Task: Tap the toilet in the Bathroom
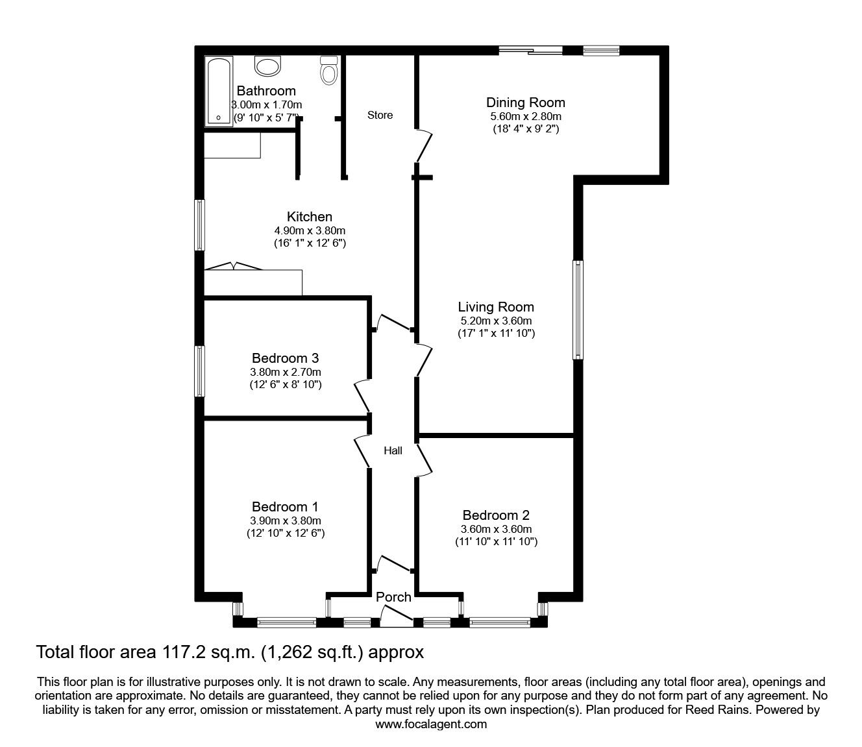pyautogui.click(x=329, y=70)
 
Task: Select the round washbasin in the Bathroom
pyautogui.click(x=267, y=66)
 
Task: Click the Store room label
pyautogui.click(x=380, y=115)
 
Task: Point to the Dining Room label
pyautogui.click(x=525, y=103)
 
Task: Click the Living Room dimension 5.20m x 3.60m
pyautogui.click(x=496, y=321)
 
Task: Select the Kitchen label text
pyautogui.click(x=310, y=217)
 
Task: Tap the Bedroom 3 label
pyautogui.click(x=285, y=358)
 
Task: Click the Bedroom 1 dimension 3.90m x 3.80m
pyautogui.click(x=285, y=520)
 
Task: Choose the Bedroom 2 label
pyautogui.click(x=495, y=515)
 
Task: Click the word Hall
pyautogui.click(x=393, y=450)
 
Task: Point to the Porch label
pyautogui.click(x=393, y=597)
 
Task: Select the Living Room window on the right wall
pyautogui.click(x=577, y=310)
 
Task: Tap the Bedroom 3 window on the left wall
pyautogui.click(x=201, y=371)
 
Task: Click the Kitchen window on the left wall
pyautogui.click(x=201, y=225)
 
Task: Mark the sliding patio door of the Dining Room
pyautogui.click(x=530, y=50)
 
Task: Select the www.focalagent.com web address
pyautogui.click(x=431, y=724)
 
